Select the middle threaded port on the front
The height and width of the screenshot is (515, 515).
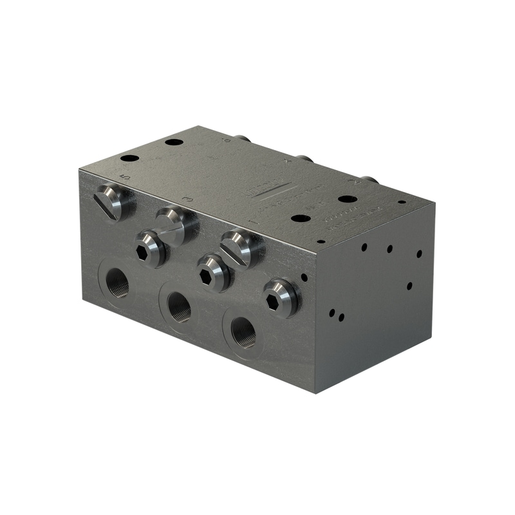179,307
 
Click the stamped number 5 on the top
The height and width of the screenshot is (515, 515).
126,176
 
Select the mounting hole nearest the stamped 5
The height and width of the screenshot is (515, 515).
129,158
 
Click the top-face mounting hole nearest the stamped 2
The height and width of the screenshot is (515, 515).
348,199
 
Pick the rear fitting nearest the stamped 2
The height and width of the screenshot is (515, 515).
368,180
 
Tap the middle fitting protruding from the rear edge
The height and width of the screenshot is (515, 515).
304,158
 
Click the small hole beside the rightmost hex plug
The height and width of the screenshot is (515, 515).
304,277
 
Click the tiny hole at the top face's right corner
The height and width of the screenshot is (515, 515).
402,201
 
